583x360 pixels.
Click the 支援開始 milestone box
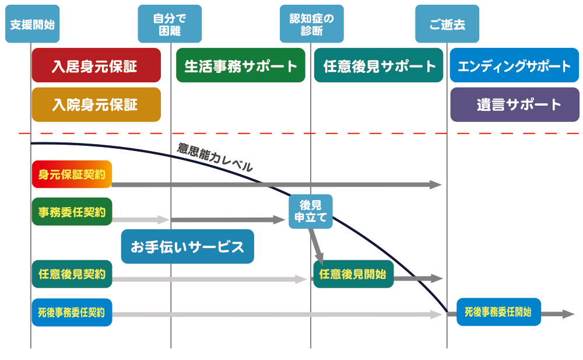click(33, 24)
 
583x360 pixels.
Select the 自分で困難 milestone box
click(170, 24)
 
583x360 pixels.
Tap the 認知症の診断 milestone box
click(312, 24)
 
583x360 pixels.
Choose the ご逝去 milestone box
click(447, 24)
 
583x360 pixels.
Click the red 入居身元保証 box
click(96, 65)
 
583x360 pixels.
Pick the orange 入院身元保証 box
click(96, 104)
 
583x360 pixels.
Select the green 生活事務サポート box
click(241, 65)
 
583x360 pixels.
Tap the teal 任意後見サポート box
click(379, 65)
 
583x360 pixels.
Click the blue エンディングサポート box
click(515, 65)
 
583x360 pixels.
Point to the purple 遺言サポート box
click(515, 104)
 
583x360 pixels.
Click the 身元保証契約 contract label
click(72, 174)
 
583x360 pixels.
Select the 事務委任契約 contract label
click(72, 212)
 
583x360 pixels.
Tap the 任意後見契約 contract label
click(72, 274)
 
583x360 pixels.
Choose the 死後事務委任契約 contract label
click(72, 312)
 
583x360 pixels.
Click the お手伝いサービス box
click(187, 247)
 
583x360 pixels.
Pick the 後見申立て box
click(311, 211)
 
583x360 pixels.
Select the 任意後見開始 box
click(353, 274)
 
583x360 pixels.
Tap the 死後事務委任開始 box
click(498, 312)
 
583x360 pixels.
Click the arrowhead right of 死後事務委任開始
click(569, 314)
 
